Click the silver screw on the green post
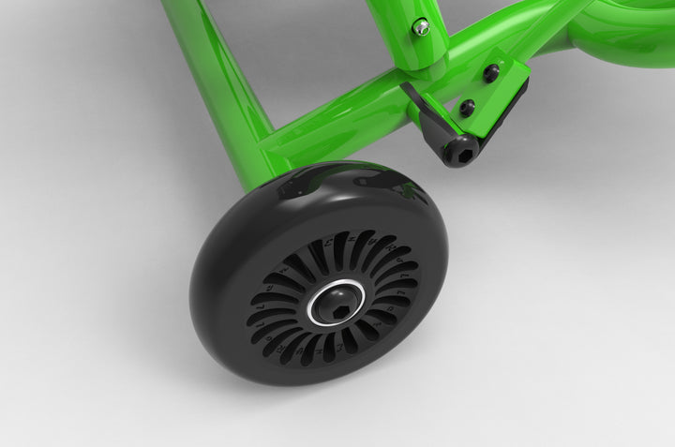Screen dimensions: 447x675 [421, 27]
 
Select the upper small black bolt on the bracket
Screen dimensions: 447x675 [489, 73]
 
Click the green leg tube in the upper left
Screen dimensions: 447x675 [211, 56]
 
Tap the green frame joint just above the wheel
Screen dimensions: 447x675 [272, 155]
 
